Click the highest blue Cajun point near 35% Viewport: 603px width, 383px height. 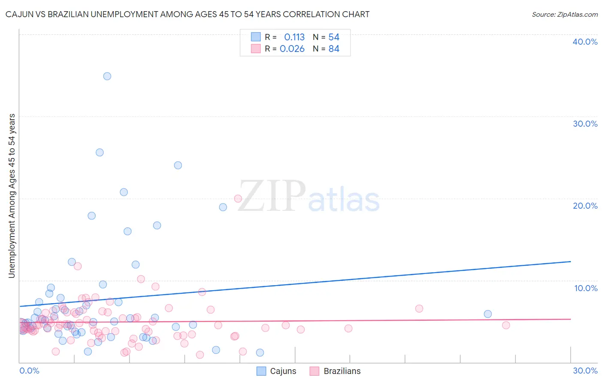coord(107,76)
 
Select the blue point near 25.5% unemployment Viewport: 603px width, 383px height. coord(99,152)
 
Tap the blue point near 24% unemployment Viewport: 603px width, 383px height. coord(178,165)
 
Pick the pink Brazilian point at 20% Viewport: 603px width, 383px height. coord(238,198)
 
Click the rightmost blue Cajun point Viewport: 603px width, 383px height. coord(488,314)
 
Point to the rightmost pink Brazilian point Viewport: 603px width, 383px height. coord(506,325)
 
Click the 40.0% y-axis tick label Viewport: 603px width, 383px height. coord(585,42)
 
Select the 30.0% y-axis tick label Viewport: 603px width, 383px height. coord(585,124)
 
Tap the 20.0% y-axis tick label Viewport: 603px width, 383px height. coord(585,206)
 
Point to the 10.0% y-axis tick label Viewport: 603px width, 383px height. coord(586,288)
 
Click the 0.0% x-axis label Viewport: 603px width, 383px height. coord(29,371)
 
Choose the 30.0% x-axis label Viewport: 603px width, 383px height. coord(585,371)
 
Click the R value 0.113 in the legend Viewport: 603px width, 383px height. coord(294,37)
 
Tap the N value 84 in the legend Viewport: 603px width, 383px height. coord(334,49)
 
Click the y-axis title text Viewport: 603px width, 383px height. coord(12,196)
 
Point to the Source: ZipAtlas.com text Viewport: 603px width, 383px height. coord(564,15)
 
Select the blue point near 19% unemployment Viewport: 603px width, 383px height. coord(223,207)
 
